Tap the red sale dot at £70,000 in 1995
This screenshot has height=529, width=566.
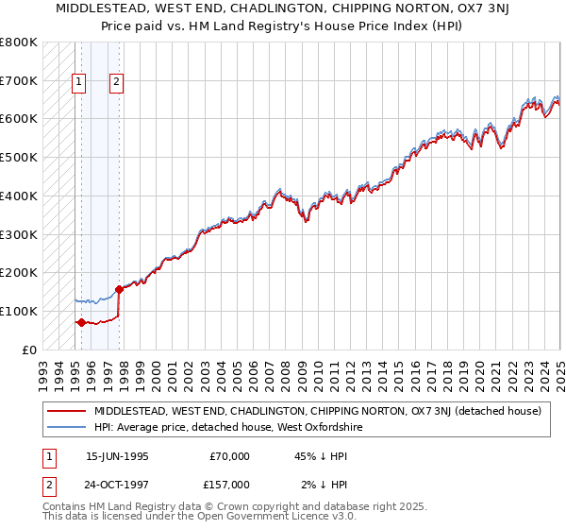click(x=81, y=322)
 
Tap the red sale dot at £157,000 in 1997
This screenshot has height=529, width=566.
click(x=119, y=289)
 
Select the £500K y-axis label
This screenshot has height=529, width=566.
click(x=19, y=158)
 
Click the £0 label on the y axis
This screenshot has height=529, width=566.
click(x=29, y=350)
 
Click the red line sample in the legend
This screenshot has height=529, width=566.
click(x=66, y=411)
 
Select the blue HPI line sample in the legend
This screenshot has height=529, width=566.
click(x=66, y=427)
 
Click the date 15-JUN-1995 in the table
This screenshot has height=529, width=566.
click(x=117, y=456)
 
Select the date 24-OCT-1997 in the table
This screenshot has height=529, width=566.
click(x=117, y=484)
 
